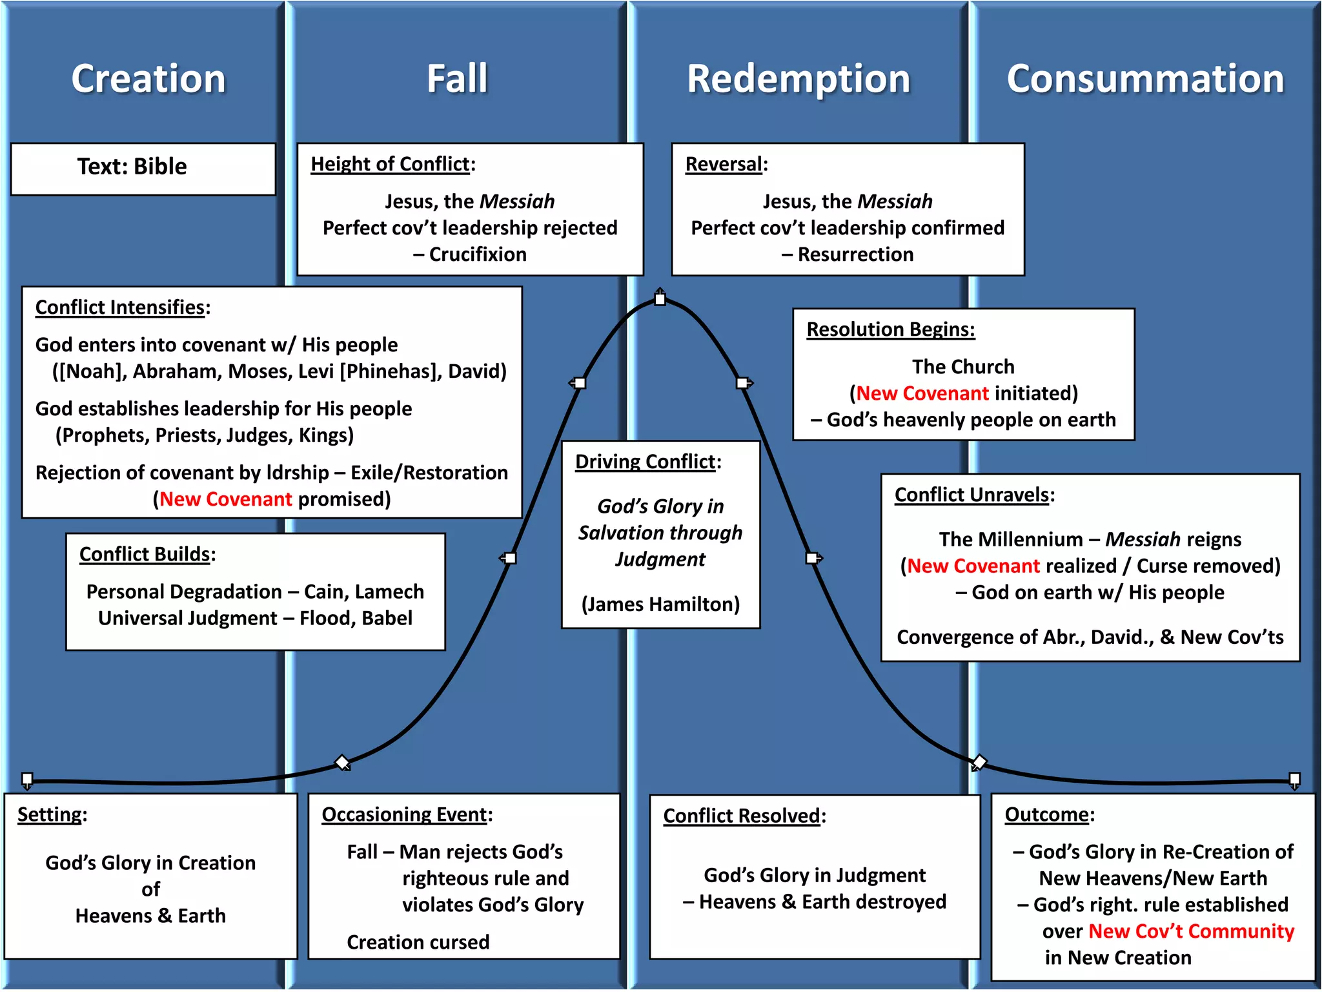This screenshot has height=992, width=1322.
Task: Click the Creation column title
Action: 148,79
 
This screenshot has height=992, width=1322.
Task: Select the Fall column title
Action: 457,79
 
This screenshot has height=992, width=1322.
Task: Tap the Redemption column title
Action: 798,79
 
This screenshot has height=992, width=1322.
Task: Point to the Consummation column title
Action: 1145,79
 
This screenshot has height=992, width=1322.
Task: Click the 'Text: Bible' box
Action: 132,167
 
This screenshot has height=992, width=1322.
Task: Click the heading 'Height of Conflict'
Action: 390,164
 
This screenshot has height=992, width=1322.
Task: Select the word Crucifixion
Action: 478,254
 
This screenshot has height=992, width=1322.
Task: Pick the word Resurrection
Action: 855,254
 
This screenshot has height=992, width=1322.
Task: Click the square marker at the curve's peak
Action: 660,298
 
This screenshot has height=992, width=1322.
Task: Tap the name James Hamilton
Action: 660,604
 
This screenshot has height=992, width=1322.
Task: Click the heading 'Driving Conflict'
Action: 645,462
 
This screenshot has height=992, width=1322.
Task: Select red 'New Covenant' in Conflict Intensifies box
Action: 226,499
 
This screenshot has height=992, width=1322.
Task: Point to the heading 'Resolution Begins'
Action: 890,329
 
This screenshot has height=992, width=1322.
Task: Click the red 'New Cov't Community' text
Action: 1191,931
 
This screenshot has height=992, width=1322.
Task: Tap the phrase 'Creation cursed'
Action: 418,942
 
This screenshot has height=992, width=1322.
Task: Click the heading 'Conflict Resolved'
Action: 741,816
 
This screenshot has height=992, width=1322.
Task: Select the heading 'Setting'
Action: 50,814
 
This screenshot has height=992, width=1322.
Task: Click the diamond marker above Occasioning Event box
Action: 342,763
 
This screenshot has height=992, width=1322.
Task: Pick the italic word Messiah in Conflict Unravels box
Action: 1143,539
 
